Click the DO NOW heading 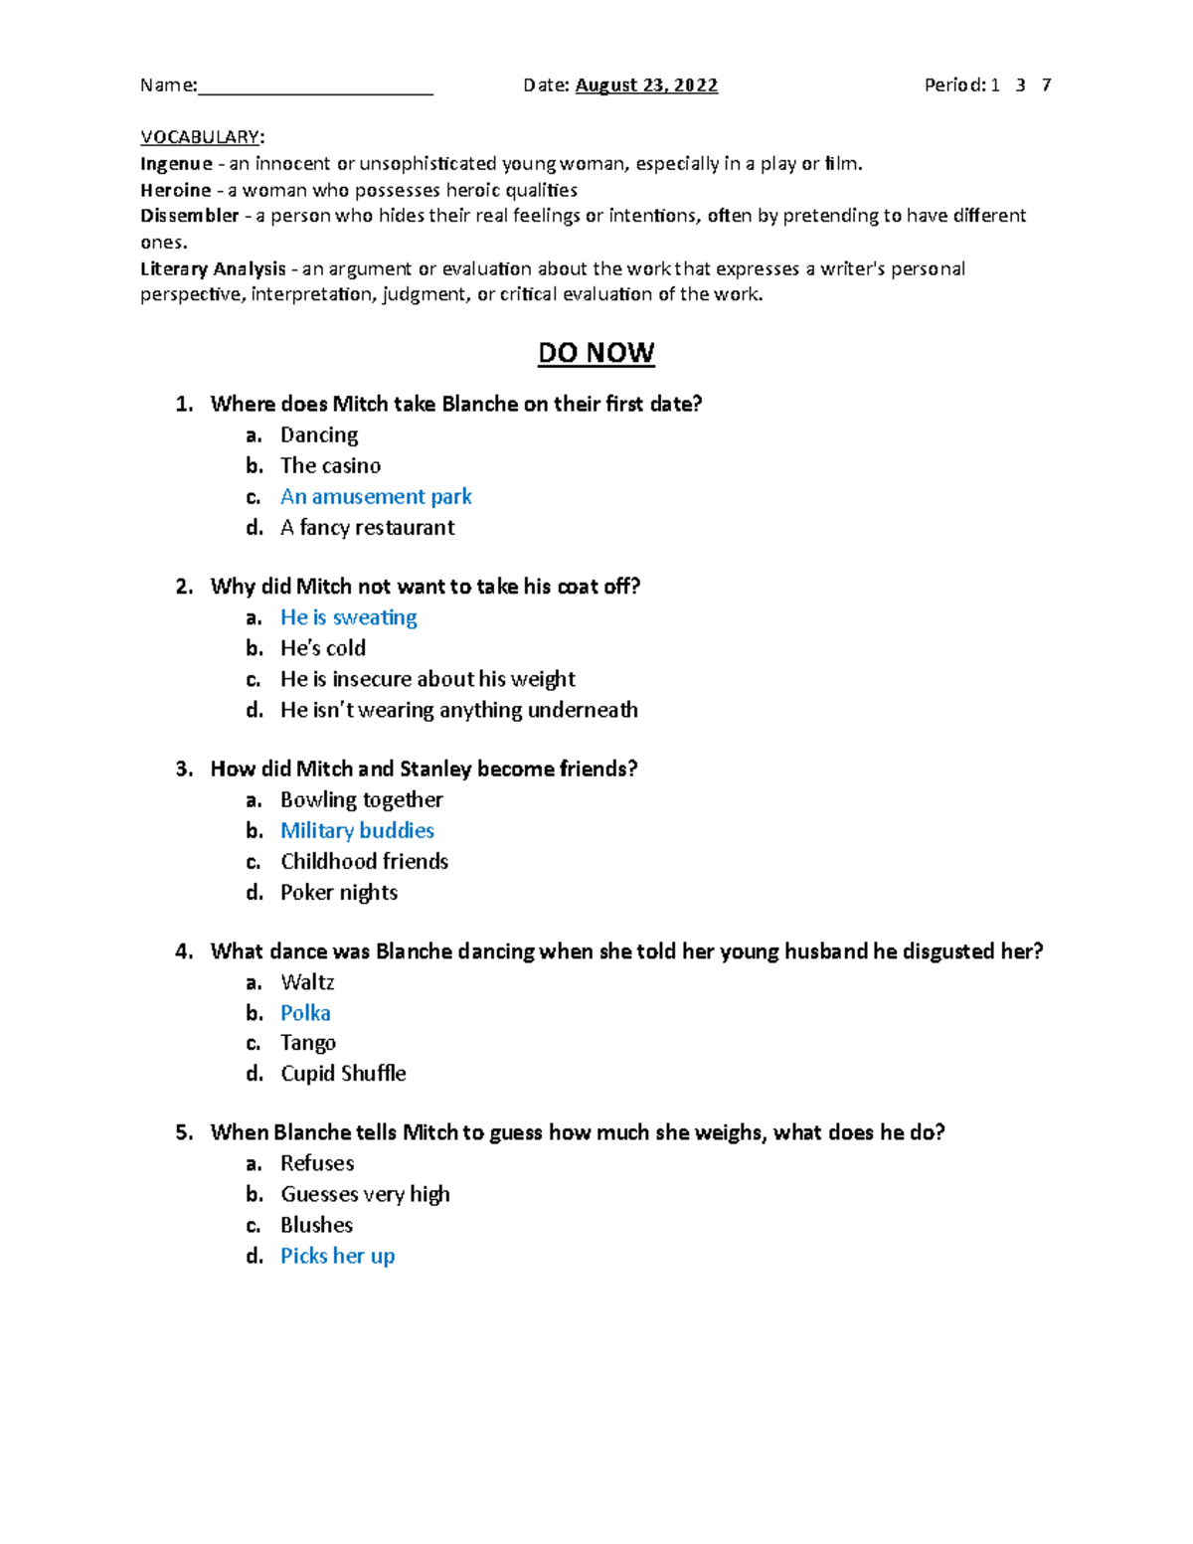click(x=596, y=353)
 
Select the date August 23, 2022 click(x=646, y=86)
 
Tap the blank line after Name click(x=315, y=87)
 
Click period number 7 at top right click(x=1046, y=86)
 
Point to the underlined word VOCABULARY click(x=200, y=137)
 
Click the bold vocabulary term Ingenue click(x=176, y=164)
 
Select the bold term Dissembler click(x=189, y=216)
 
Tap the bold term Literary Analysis click(x=213, y=268)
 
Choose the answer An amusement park click(x=376, y=496)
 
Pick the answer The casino click(x=330, y=465)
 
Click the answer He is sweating click(x=348, y=617)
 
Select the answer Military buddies click(x=357, y=830)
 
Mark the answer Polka click(x=305, y=1013)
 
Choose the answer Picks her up click(x=337, y=1256)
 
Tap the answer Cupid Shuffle click(x=343, y=1074)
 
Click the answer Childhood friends click(x=364, y=861)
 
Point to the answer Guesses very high click(x=365, y=1194)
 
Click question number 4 click(x=183, y=951)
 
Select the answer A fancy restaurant click(x=367, y=527)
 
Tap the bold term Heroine click(x=175, y=190)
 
